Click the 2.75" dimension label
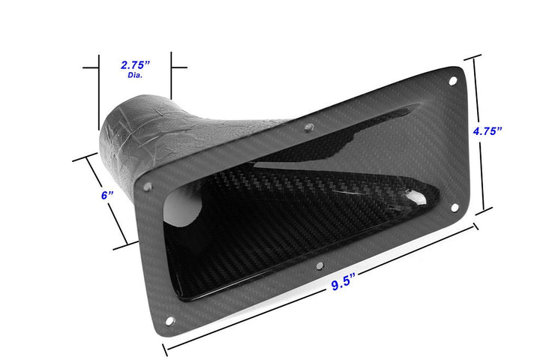point(135,65)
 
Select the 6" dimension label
point(106,195)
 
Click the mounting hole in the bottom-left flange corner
point(169,321)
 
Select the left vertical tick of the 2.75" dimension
point(98,90)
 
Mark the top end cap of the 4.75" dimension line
point(473,58)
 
